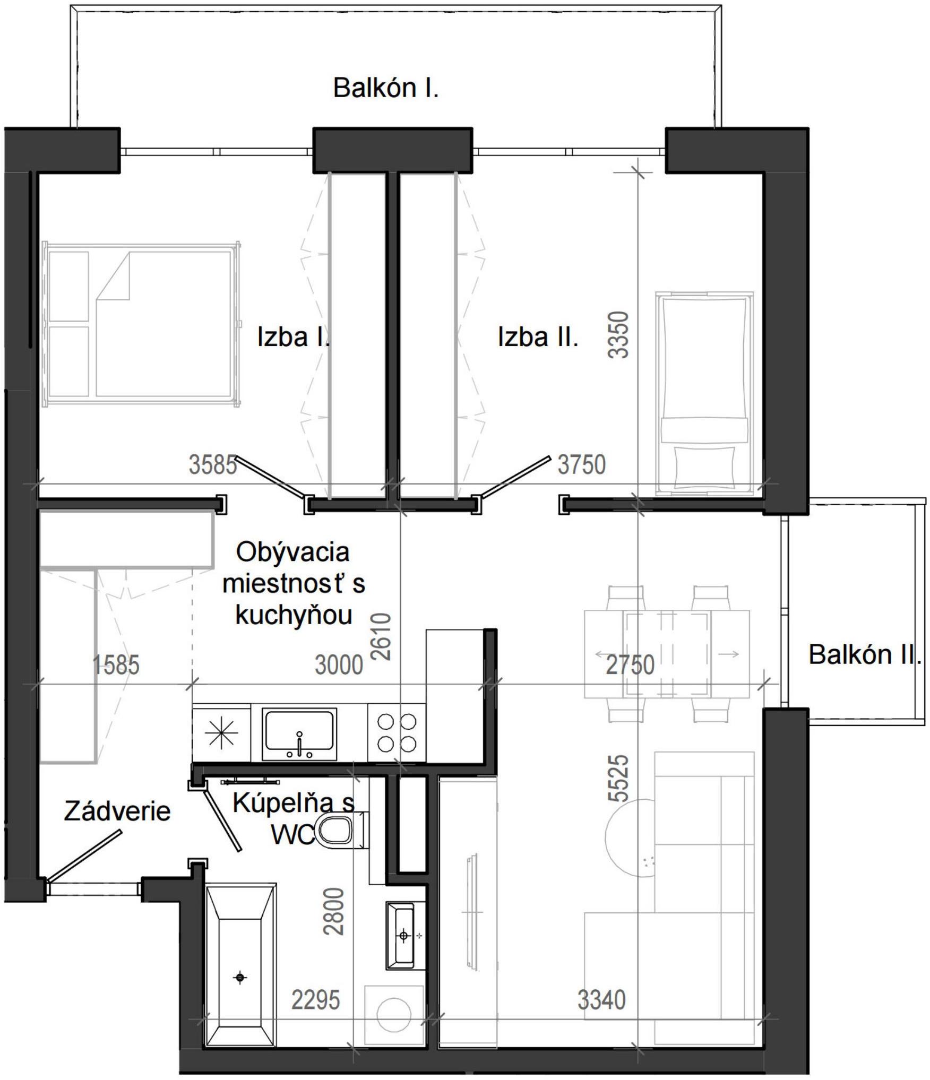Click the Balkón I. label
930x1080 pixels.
386,88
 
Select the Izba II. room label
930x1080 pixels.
538,337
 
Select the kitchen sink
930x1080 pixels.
299,735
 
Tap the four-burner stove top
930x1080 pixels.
397,733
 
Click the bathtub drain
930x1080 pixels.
240,978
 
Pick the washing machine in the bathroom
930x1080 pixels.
394,1015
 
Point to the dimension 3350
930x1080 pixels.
619,334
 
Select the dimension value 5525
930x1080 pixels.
619,778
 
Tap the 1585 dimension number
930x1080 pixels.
116,665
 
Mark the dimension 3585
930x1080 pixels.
213,465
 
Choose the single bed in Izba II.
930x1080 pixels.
704,393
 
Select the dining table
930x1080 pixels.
667,654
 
